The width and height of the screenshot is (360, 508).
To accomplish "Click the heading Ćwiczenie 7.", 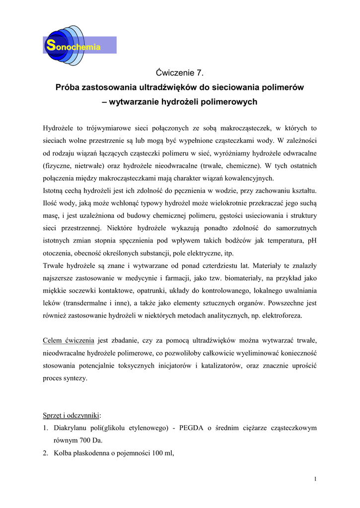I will click(x=179, y=73).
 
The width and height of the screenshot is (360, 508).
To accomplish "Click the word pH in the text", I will click(x=312, y=241).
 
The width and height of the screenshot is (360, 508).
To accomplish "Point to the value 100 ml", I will click(x=161, y=452).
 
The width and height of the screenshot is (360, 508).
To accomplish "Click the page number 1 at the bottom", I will click(x=315, y=479).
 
